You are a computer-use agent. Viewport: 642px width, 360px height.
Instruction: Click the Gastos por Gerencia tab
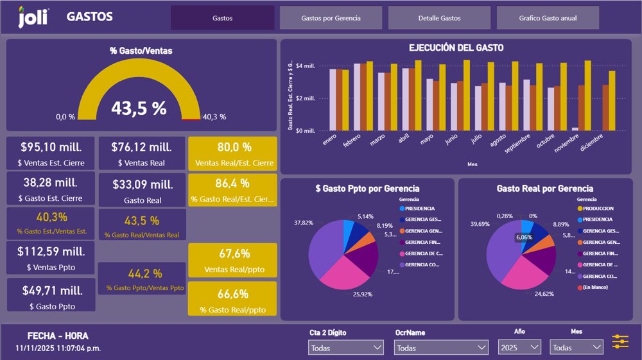click(x=331, y=18)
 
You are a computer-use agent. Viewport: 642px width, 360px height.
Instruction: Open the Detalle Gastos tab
click(x=439, y=18)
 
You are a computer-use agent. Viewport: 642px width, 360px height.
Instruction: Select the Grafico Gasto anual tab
click(x=548, y=18)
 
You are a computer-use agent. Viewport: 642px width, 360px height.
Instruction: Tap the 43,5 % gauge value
click(x=139, y=108)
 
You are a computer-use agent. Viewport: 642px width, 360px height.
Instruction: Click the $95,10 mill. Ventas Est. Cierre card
click(x=51, y=153)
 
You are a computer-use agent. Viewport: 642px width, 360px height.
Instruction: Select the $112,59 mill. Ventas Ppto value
click(x=51, y=251)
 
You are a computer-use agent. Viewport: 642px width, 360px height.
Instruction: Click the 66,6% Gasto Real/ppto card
click(x=232, y=298)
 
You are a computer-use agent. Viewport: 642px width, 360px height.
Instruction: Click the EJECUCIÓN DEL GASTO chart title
click(x=456, y=47)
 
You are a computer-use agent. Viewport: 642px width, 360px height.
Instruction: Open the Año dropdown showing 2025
click(x=519, y=347)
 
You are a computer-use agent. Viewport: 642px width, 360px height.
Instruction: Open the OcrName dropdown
click(x=440, y=347)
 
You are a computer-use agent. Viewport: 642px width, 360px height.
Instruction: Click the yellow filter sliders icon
click(x=620, y=341)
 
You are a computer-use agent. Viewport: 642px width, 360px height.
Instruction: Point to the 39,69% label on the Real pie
click(x=480, y=224)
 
